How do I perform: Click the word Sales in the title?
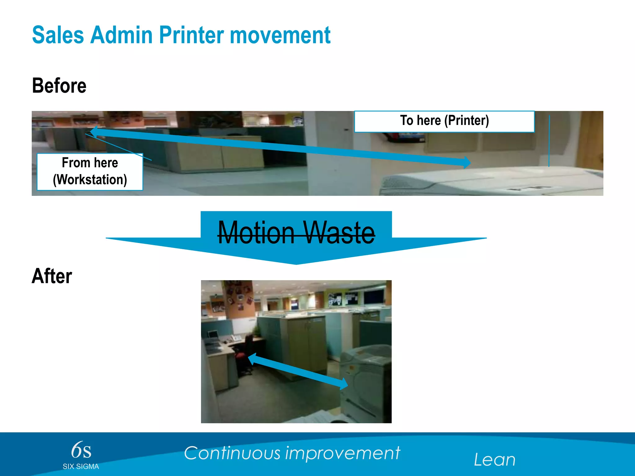tap(58, 35)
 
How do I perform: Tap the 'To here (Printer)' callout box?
tap(444, 121)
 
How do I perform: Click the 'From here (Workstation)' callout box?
tap(90, 171)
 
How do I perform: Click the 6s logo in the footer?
tap(81, 450)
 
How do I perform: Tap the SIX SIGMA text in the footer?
tap(81, 466)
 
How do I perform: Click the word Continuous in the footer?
tap(232, 453)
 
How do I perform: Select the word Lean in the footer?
tap(495, 460)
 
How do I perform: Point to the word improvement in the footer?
tap(343, 454)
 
